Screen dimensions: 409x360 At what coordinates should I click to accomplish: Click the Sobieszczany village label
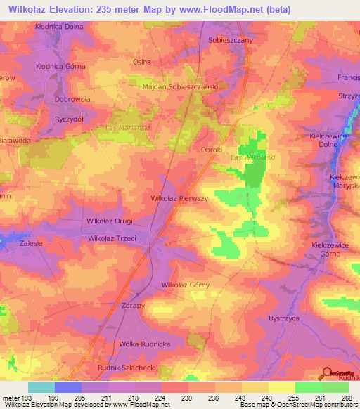230,41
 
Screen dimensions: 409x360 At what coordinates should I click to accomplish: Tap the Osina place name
142,62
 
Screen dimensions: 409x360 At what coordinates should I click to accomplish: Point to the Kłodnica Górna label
60,66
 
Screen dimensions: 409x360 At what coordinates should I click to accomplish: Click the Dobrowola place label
72,100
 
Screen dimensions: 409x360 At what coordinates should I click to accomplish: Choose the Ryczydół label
70,119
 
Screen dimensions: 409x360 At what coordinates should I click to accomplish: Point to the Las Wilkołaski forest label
252,157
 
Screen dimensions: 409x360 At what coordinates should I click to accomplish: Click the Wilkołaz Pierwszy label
180,199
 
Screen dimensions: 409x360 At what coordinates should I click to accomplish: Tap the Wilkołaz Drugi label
109,221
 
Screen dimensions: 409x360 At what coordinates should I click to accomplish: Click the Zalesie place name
32,242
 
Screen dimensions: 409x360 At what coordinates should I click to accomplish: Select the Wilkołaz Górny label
186,285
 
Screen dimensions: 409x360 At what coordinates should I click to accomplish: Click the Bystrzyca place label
285,318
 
